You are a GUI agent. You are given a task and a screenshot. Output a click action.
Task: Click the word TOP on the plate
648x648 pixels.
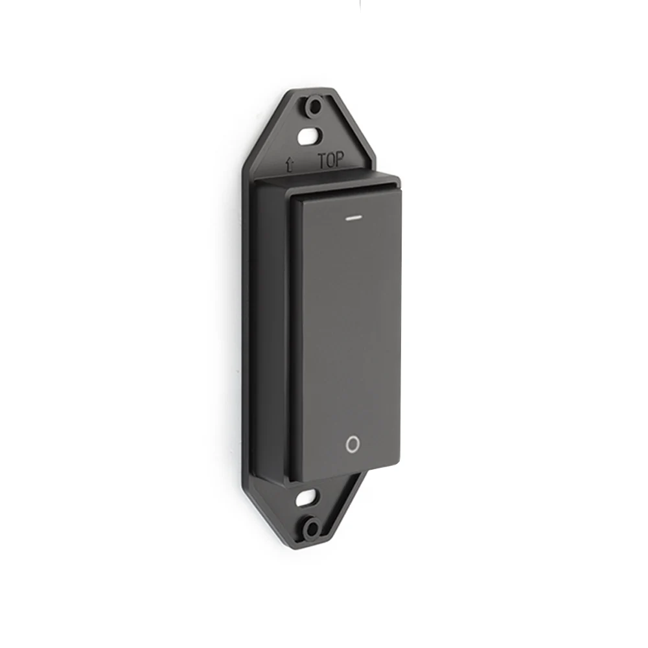[330, 161]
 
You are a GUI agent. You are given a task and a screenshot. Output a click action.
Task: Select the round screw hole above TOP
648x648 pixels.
[314, 106]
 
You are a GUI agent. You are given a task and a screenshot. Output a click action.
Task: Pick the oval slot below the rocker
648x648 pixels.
[307, 499]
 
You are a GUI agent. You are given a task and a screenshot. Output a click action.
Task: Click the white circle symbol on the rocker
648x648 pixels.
[352, 445]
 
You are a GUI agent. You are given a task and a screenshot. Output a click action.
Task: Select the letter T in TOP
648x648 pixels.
[321, 161]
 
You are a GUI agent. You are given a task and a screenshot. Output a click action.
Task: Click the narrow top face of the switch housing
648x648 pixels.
[324, 181]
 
